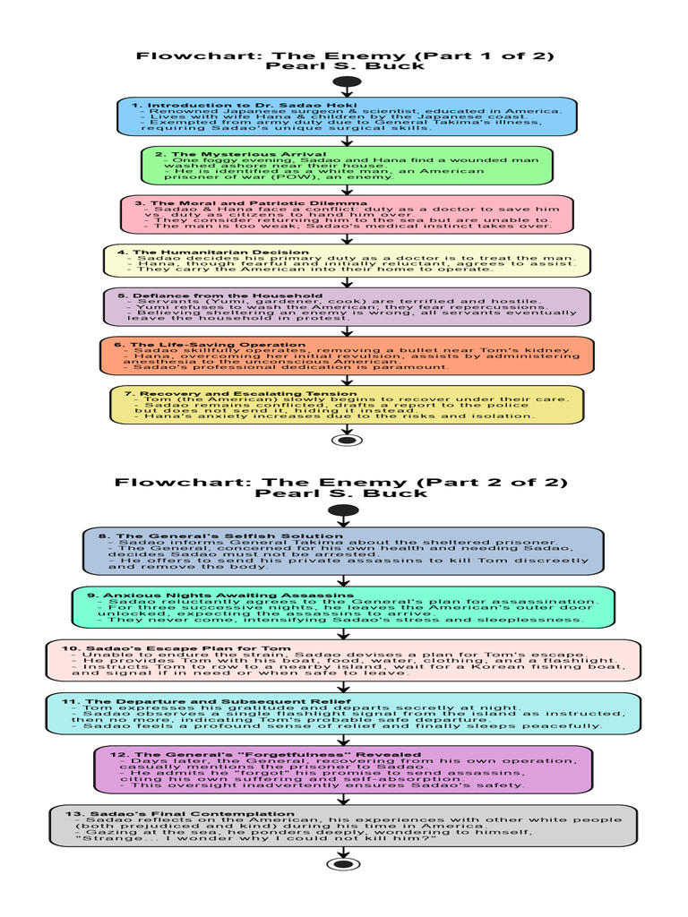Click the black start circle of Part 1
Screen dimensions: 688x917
(x=346, y=82)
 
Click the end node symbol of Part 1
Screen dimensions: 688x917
(x=346, y=439)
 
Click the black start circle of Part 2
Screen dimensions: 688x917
(x=345, y=510)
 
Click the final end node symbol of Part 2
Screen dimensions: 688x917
(x=345, y=864)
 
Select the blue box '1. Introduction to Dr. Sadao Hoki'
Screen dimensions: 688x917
(x=347, y=116)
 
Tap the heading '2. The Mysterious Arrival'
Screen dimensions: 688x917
(x=228, y=154)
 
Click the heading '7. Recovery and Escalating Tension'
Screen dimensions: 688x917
(x=228, y=393)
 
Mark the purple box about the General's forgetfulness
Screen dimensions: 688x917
(x=343, y=769)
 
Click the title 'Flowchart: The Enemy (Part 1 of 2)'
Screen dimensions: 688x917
(x=345, y=56)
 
